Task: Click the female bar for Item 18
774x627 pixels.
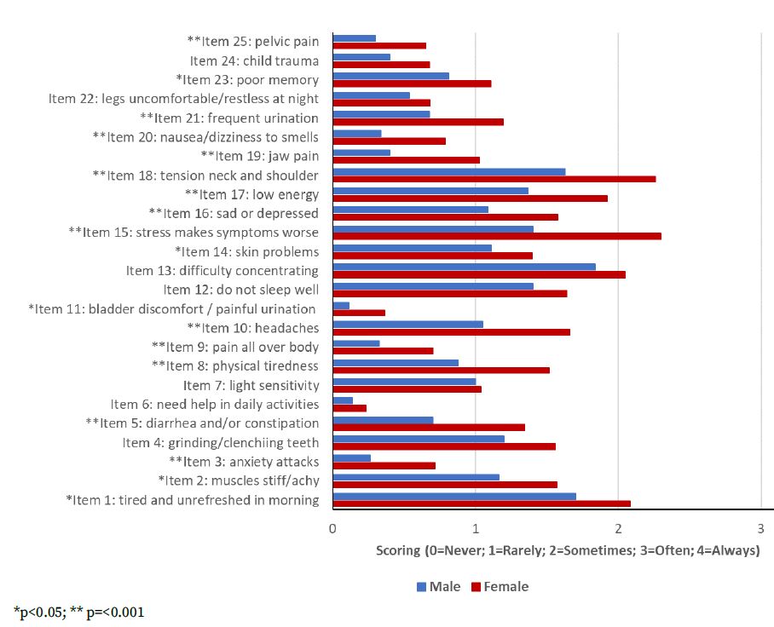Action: [494, 179]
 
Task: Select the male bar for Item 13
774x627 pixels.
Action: [464, 267]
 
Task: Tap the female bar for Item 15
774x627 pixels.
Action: [496, 236]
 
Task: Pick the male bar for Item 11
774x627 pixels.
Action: [341, 305]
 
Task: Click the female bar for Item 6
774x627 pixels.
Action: [349, 408]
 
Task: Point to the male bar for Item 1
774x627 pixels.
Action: [454, 496]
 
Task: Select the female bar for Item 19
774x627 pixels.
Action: [406, 160]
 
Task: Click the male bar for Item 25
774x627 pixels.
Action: [354, 38]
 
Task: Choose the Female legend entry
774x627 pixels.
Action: [500, 587]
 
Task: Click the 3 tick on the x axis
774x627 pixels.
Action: [760, 528]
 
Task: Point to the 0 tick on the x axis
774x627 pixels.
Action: [332, 528]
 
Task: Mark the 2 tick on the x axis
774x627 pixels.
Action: [617, 528]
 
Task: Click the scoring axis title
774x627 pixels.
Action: [568, 550]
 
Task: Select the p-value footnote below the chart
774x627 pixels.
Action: [84, 612]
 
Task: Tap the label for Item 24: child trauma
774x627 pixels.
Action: [254, 61]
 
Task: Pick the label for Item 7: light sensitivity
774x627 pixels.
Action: [251, 385]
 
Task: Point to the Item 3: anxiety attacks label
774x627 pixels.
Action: [244, 462]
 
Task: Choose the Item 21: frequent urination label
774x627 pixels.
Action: [229, 118]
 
